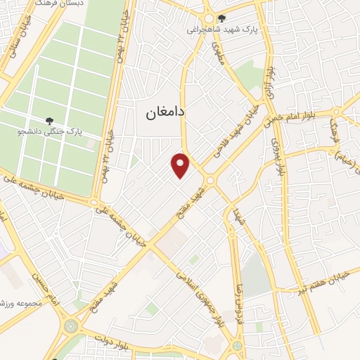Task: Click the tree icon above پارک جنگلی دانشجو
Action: pyautogui.click(x=49, y=121)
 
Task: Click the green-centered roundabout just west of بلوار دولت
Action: pyautogui.click(x=71, y=326)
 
